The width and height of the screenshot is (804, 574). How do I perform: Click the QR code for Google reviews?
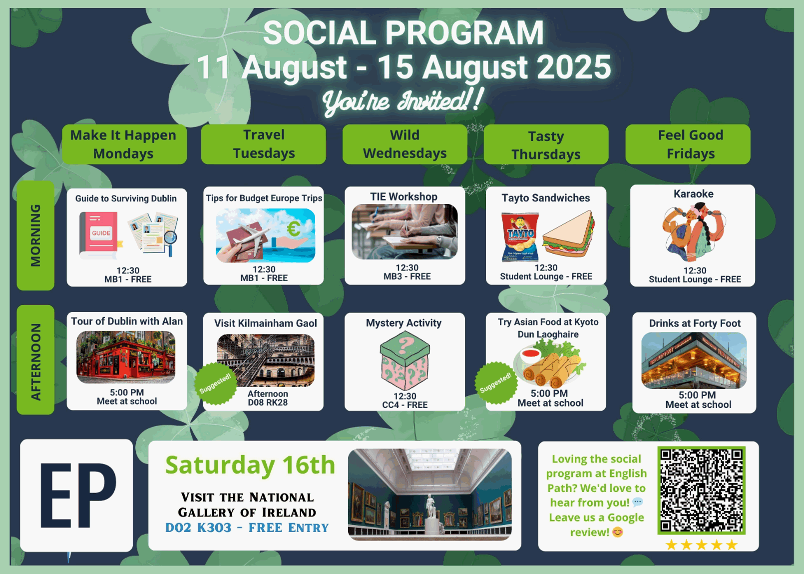[701, 490]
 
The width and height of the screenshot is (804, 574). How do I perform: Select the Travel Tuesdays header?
[264, 144]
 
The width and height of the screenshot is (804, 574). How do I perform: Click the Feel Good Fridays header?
[688, 144]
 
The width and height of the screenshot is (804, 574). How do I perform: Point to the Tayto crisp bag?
[520, 237]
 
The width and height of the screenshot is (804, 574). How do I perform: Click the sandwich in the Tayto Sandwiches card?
[568, 234]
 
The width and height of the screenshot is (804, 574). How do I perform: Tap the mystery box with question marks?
[404, 360]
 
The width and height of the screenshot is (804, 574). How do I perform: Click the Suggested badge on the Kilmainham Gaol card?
[215, 383]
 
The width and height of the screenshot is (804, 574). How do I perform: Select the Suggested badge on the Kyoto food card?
[496, 382]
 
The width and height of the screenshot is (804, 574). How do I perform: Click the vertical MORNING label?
[35, 235]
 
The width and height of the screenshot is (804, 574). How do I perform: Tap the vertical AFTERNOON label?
[35, 360]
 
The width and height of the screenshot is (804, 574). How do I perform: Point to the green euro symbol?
[294, 228]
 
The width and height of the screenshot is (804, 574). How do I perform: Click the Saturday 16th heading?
[250, 465]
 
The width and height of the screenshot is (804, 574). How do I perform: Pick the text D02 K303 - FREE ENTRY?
[247, 527]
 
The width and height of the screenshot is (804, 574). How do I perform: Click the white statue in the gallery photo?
[430, 507]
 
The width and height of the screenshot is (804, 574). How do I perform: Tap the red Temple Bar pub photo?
[126, 357]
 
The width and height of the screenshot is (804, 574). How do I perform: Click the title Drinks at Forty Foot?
[695, 323]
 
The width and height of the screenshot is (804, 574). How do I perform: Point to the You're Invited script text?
[402, 100]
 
